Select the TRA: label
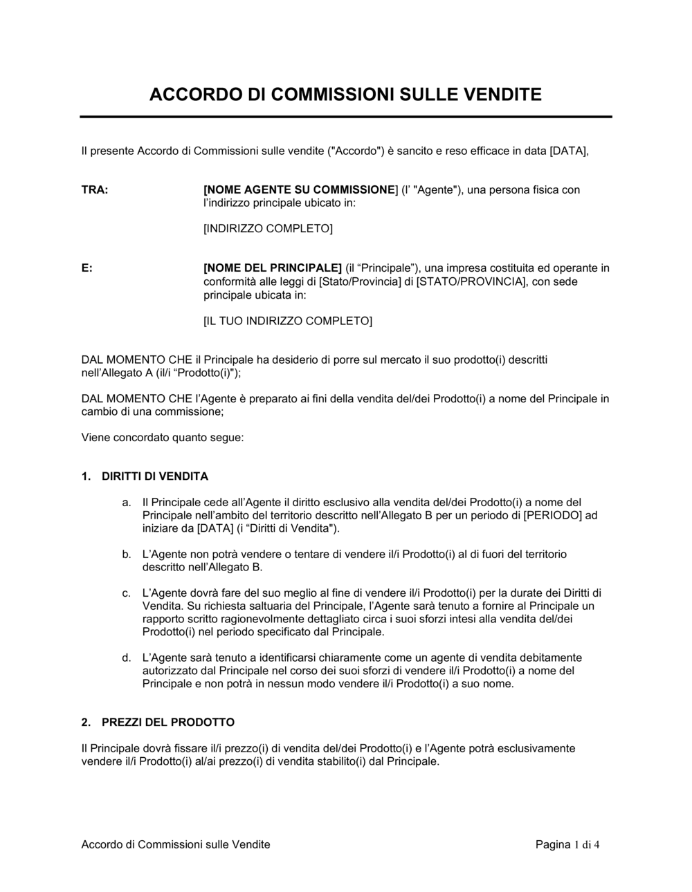(95, 189)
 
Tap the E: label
(87, 268)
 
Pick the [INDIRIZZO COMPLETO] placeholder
(268, 229)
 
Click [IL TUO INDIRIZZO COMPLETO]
(287, 321)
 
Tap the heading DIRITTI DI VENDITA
(155, 476)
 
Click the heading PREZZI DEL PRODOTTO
(168, 723)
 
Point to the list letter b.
(126, 555)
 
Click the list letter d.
(126, 658)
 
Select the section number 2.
(85, 723)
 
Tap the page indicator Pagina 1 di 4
(567, 844)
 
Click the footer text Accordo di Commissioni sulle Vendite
(176, 844)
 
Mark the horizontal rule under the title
(346, 117)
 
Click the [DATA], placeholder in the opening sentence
(569, 151)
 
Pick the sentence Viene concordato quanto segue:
(163, 438)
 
